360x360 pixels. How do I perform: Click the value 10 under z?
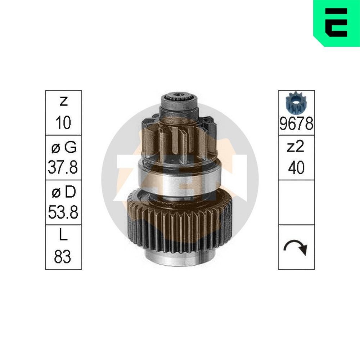[x=63, y=123]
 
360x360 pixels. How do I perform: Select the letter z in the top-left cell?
[x=63, y=102]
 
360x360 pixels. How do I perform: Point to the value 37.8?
[x=63, y=167]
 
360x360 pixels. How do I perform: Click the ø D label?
[x=63, y=192]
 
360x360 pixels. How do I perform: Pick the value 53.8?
[x=63, y=212]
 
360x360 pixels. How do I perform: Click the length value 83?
[x=63, y=257]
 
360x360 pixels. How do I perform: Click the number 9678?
[x=296, y=125]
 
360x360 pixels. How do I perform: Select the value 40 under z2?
[x=296, y=167]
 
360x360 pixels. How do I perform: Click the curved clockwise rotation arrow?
[x=296, y=247]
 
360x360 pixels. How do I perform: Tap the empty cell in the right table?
[x=296, y=203]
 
